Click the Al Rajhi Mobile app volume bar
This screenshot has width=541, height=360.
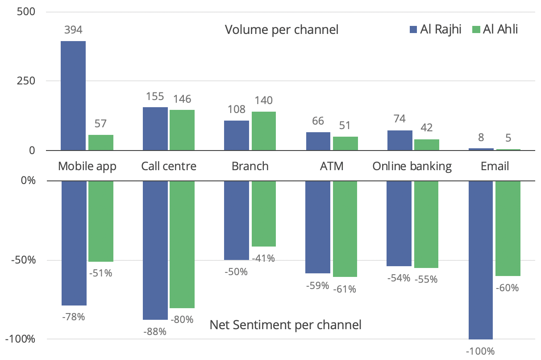click(x=73, y=96)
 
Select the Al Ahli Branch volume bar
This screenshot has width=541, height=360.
click(x=263, y=131)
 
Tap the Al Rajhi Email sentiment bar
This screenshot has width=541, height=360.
click(x=480, y=260)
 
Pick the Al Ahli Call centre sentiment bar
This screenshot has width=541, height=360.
click(x=182, y=244)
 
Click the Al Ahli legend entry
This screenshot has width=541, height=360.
click(x=495, y=30)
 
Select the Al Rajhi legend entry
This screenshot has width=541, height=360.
click(x=436, y=30)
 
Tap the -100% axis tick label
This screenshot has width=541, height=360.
click(x=21, y=339)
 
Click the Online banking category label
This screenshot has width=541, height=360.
click(x=412, y=167)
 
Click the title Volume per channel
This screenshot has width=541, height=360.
click(x=282, y=30)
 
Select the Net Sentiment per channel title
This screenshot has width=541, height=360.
click(x=285, y=325)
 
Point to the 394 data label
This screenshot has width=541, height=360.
click(x=73, y=30)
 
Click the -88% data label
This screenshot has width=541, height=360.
click(x=155, y=331)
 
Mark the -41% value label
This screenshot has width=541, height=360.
click(x=263, y=258)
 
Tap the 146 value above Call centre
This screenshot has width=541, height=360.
click(x=182, y=99)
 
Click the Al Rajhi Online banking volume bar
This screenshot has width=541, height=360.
click(x=400, y=140)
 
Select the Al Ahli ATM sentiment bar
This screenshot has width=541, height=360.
click(x=345, y=229)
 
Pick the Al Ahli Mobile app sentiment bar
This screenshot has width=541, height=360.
click(x=101, y=221)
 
